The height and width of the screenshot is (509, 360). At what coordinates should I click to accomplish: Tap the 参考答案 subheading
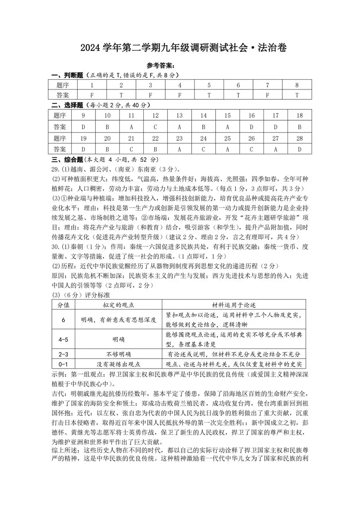[x=161, y=66]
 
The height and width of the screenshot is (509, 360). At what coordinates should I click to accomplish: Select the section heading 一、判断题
[x=67, y=75]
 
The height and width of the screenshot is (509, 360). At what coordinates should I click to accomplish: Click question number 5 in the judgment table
[x=209, y=85]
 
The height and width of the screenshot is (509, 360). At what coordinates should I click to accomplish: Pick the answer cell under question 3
[x=150, y=95]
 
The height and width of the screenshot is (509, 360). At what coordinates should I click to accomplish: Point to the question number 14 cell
[x=203, y=116]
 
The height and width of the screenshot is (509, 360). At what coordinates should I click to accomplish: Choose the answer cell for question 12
[x=156, y=127]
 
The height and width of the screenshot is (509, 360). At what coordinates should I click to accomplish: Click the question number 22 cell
[x=156, y=138]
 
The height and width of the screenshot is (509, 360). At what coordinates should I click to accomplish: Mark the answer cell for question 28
[x=300, y=149]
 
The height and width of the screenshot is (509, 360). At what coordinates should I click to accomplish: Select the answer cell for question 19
[x=84, y=149]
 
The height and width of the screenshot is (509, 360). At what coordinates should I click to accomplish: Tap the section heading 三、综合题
[x=67, y=159]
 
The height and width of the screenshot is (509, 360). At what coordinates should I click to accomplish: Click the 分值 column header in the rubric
[x=63, y=305]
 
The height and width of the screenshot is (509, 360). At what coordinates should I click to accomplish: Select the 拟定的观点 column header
[x=118, y=305]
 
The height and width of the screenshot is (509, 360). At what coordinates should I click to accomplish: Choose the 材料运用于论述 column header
[x=234, y=305]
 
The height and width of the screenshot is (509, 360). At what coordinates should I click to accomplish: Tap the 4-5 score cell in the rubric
[x=63, y=339]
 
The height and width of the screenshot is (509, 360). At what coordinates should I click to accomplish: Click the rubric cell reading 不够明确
[x=118, y=354]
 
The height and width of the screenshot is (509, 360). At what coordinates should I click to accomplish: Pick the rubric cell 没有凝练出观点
[x=118, y=364]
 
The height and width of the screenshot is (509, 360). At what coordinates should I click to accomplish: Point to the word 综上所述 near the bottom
[x=65, y=450]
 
